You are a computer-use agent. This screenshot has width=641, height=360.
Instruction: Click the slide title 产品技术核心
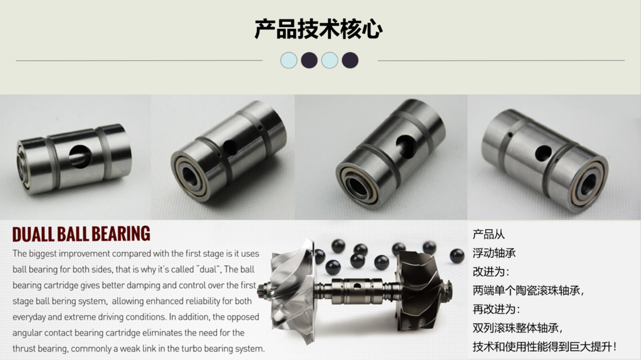pyautogui.click(x=319, y=29)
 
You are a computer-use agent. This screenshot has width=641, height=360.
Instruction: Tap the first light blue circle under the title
pyautogui.click(x=289, y=60)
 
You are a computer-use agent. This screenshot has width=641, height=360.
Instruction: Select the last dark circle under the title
pyautogui.click(x=350, y=60)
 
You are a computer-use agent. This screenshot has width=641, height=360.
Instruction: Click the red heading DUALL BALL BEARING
pyautogui.click(x=81, y=234)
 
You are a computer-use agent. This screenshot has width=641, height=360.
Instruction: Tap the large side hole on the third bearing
pyautogui.click(x=405, y=144)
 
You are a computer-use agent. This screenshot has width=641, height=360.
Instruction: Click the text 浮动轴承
pyautogui.click(x=494, y=253)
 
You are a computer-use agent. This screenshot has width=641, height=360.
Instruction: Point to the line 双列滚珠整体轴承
pyautogui.click(x=517, y=328)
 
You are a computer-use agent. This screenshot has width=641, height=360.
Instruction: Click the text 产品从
pyautogui.click(x=488, y=235)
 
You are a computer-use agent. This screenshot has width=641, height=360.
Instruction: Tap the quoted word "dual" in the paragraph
pyautogui.click(x=206, y=269)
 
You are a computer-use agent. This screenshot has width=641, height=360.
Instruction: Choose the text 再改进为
pyautogui.click(x=496, y=310)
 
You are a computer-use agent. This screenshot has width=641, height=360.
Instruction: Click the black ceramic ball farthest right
pyautogui.click(x=457, y=256)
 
